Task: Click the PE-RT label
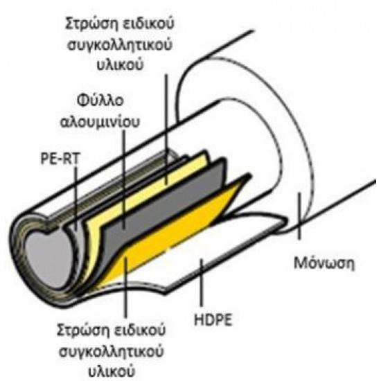pyautogui.click(x=60, y=159)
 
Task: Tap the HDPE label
pyautogui.click(x=213, y=319)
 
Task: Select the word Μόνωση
pyautogui.click(x=324, y=263)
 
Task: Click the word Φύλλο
pyautogui.click(x=100, y=101)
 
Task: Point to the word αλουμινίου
pyautogui.click(x=100, y=121)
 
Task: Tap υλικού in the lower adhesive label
pyautogui.click(x=111, y=371)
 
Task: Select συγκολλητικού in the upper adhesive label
pyautogui.click(x=120, y=45)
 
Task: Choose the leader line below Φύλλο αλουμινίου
pyautogui.click(x=124, y=179)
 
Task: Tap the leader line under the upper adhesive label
pyautogui.click(x=166, y=129)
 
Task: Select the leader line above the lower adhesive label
pyautogui.click(x=125, y=287)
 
